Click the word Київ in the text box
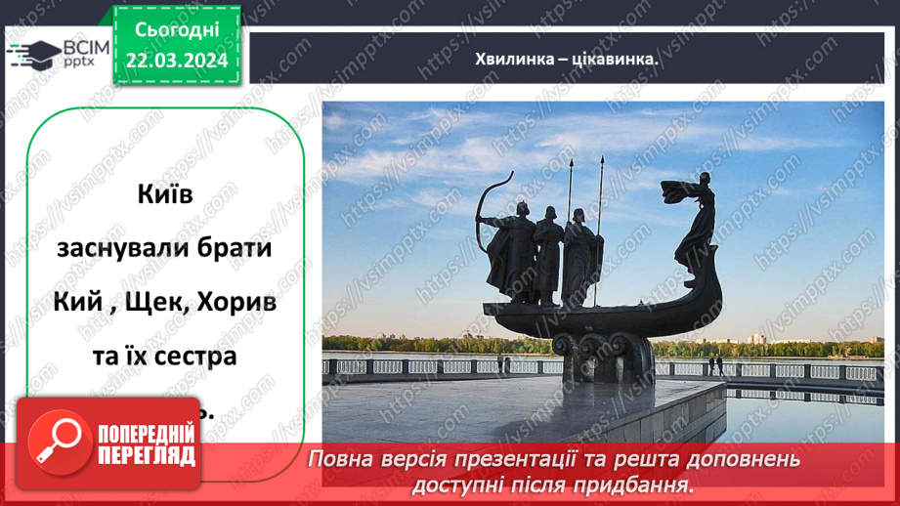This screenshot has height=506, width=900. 166,195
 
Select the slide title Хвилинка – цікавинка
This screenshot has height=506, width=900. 564,59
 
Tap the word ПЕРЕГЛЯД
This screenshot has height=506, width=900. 145,456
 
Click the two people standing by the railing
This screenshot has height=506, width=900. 715,365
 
